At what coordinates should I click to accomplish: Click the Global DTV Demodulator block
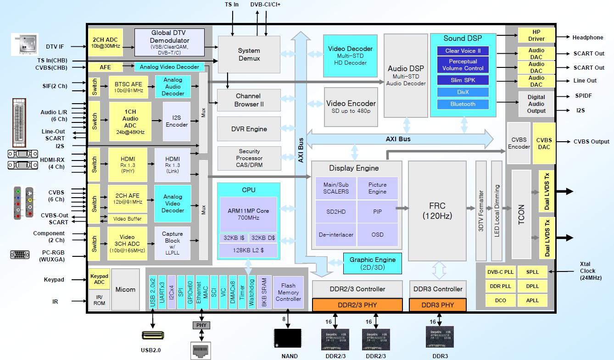coord(169,43)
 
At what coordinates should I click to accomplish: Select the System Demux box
coord(249,54)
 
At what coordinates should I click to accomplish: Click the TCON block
coord(521,207)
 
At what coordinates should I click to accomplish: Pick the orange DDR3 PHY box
coord(437,305)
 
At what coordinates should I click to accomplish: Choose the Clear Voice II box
coord(463,51)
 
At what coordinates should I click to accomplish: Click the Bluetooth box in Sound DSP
coord(463,104)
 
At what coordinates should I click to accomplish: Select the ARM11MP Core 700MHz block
coord(248,214)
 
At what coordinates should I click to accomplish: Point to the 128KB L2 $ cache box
coord(248,250)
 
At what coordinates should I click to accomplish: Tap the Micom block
coord(125,289)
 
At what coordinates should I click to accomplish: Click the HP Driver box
coord(536,35)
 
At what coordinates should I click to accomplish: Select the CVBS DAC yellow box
coord(544,144)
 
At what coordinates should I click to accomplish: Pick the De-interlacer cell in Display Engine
coord(336,235)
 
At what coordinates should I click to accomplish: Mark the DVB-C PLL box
coord(500,272)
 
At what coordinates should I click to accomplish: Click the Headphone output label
coord(587,38)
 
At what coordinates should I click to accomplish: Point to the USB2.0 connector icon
coord(151,336)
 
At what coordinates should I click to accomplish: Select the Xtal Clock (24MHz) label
coord(593,271)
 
